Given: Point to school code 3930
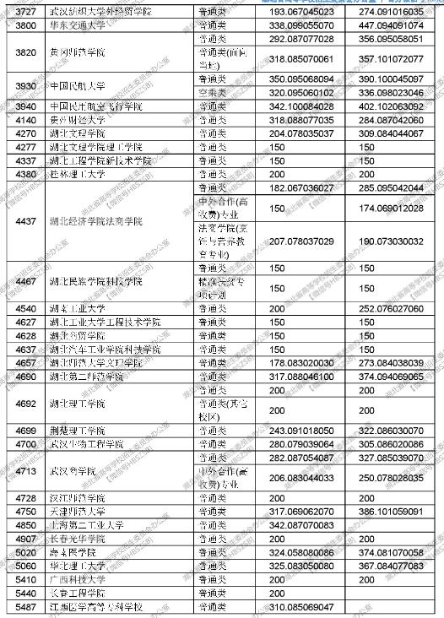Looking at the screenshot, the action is click(x=25, y=86).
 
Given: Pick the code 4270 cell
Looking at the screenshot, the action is click(x=25, y=133).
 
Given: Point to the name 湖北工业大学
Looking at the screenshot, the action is click(x=75, y=309).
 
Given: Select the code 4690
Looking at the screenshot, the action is click(x=25, y=377).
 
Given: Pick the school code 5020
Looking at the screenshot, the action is click(x=25, y=552).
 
